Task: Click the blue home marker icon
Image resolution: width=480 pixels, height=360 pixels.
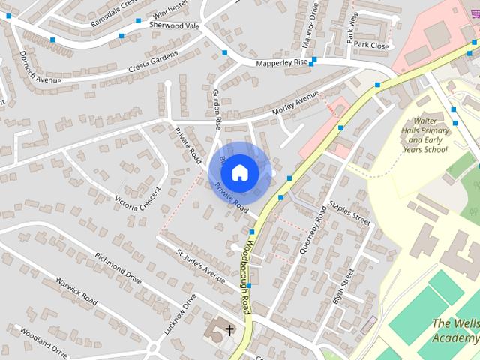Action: pyautogui.click(x=239, y=172)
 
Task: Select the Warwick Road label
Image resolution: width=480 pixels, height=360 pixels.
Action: pyautogui.click(x=76, y=291)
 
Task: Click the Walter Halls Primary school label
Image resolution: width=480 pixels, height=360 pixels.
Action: pyautogui.click(x=425, y=135)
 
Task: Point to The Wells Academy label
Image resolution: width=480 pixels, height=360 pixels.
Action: pyautogui.click(x=456, y=330)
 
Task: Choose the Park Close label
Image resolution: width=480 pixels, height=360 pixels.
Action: pyautogui.click(x=372, y=46)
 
